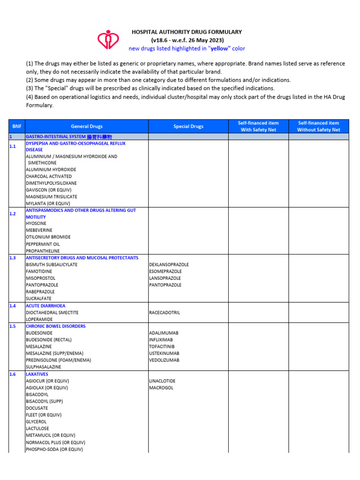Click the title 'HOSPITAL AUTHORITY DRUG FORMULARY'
(187, 32)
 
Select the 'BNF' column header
(17, 126)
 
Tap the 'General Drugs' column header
(87, 126)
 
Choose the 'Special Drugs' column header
(188, 126)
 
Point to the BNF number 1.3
(13, 258)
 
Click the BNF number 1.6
(13, 374)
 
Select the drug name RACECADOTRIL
(165, 312)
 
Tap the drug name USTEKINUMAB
(164, 353)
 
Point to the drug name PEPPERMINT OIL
(43, 244)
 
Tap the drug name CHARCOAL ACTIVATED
(49, 176)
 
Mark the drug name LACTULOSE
(37, 428)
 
